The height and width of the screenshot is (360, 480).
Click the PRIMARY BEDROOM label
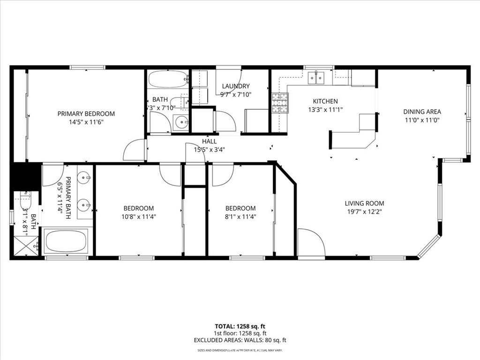[86, 113]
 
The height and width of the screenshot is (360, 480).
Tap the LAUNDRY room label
[236, 86]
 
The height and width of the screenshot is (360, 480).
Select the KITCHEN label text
[325, 101]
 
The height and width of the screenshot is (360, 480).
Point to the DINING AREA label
[422, 112]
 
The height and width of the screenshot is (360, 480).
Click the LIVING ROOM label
[364, 203]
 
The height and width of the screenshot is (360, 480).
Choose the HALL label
[209, 141]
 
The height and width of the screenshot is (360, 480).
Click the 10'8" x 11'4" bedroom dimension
[138, 217]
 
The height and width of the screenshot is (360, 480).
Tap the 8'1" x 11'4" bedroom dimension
[240, 217]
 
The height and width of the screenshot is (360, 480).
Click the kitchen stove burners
[280, 104]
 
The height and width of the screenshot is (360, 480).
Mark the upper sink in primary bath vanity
[84, 178]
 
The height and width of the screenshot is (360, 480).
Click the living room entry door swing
[311, 242]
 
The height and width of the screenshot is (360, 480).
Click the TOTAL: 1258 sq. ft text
[240, 326]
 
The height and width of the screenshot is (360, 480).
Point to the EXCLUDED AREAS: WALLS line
[240, 340]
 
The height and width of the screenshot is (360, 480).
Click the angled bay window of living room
[428, 247]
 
